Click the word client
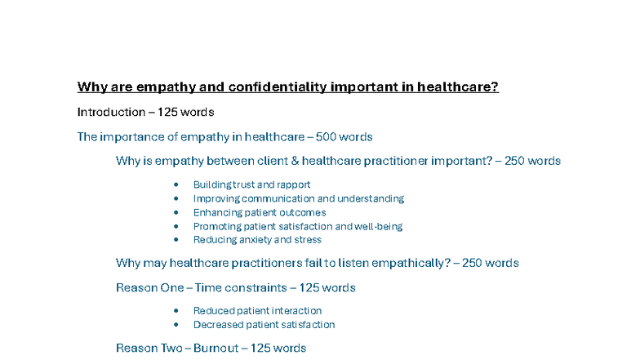(x=265, y=161)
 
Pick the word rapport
(x=293, y=185)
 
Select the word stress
(x=309, y=240)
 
